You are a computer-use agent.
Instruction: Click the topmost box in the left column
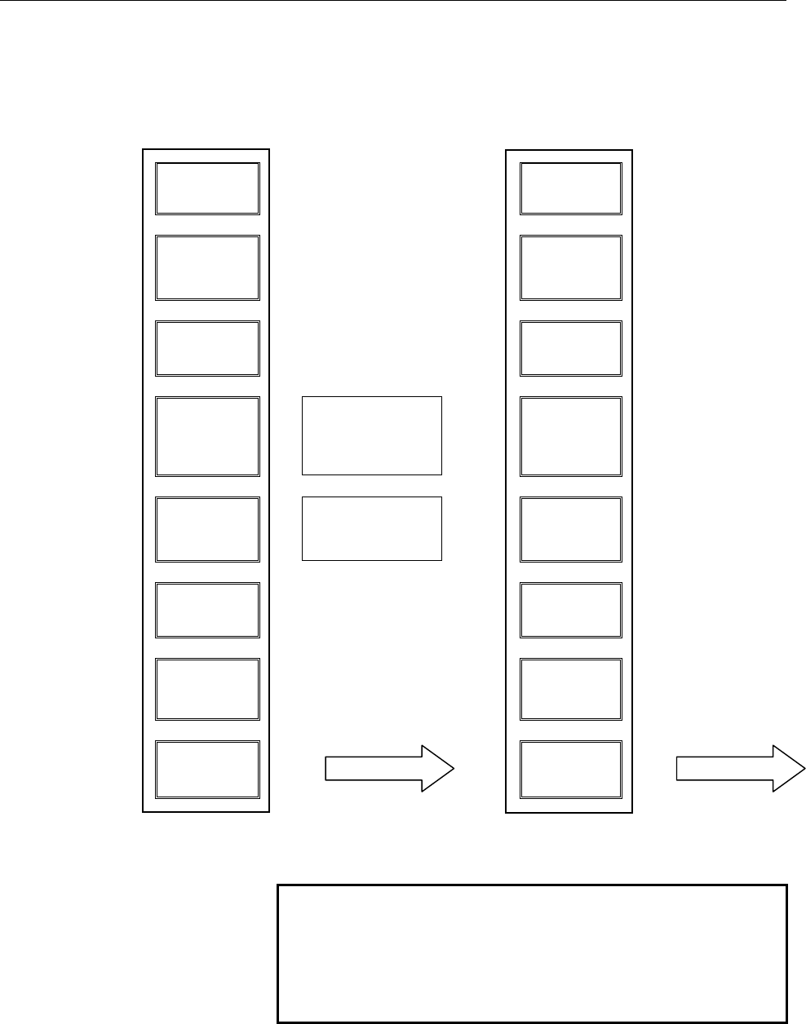click(x=207, y=188)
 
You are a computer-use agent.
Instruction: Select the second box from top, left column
click(x=207, y=268)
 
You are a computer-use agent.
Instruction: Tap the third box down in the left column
click(x=207, y=348)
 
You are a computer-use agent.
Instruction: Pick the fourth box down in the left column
click(x=207, y=436)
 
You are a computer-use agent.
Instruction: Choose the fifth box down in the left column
click(x=207, y=529)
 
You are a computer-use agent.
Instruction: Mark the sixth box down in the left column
click(x=207, y=610)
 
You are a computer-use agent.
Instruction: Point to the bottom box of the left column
click(x=207, y=770)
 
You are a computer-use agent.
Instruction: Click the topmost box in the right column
click(x=570, y=188)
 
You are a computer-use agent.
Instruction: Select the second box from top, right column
click(x=570, y=268)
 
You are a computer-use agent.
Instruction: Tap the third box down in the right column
click(x=570, y=348)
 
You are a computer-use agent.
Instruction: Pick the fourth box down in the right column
click(x=570, y=436)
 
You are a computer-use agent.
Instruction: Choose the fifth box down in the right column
click(x=570, y=529)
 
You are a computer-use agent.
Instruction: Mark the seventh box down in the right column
click(x=570, y=689)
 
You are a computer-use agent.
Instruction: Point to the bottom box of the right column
click(x=570, y=770)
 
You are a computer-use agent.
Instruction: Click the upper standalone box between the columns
click(x=371, y=435)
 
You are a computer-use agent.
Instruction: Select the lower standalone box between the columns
click(x=371, y=528)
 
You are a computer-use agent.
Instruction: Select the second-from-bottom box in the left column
click(x=207, y=689)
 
